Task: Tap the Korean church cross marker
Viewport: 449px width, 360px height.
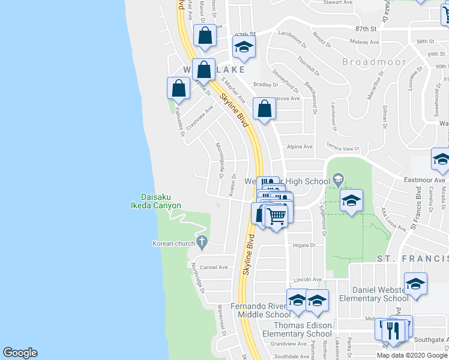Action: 202,243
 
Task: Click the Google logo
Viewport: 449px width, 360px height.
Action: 20,353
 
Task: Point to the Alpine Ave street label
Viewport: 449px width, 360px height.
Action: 300,146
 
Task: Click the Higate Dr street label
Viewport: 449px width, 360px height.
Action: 304,245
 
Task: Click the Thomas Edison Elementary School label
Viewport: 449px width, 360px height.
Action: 298,329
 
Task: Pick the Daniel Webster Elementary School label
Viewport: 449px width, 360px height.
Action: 373,294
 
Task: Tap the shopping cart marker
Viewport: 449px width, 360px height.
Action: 277,215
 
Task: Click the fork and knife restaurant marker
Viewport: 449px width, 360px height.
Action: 394,331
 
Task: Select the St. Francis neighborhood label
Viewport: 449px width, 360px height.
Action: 412,258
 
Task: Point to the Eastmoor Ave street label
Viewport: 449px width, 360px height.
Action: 432,179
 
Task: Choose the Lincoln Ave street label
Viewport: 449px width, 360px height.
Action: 308,280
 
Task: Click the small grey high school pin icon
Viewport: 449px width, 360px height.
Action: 338,179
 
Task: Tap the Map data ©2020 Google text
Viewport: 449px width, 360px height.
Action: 412,355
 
